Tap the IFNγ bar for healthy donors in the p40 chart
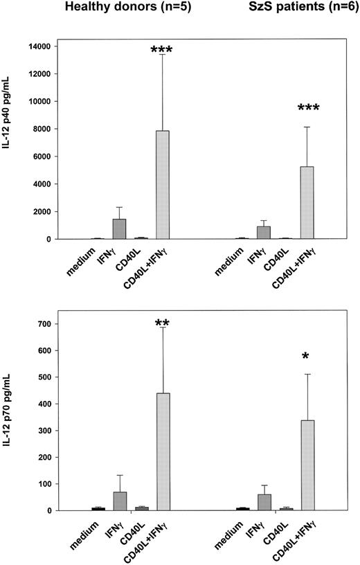(x=119, y=229)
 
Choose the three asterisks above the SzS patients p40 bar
(x=307, y=109)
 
